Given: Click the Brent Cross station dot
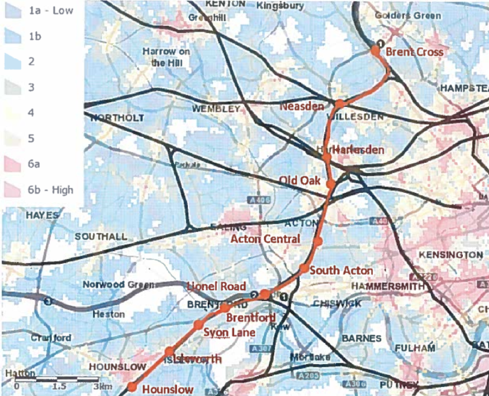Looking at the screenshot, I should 375,50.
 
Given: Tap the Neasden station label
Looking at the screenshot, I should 302,106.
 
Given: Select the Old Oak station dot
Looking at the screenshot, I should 331,184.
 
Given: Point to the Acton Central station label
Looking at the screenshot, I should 265,238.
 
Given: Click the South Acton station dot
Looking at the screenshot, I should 304,268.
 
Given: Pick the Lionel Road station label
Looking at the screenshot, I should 216,286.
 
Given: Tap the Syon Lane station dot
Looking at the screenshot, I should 198,325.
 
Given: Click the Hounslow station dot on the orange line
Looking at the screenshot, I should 131,387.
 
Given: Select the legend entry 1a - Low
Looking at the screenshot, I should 50,10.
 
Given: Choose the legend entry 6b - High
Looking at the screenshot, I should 50,190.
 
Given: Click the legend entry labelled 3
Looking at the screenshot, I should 31,87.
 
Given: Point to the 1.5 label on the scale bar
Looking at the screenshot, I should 60,386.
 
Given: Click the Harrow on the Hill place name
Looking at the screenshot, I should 166,57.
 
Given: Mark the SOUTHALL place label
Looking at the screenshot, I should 101,236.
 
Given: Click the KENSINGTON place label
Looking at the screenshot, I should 450,254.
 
